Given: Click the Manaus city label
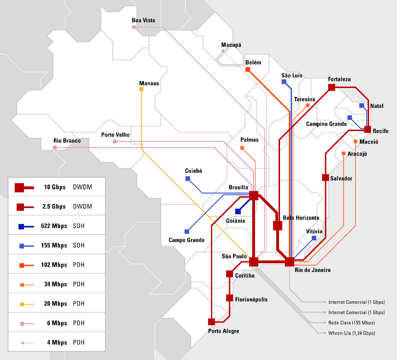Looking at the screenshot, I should tap(149, 83).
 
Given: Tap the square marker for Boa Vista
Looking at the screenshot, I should tap(134, 27).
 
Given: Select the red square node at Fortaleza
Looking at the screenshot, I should tap(331, 87).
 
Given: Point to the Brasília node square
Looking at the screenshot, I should tap(254, 196).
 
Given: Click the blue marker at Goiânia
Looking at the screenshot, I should tap(238, 211).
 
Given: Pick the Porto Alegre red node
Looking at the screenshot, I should tap(211, 322).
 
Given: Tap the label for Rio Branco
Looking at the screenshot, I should tap(67, 141).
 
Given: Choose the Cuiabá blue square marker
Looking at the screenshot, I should tap(187, 179).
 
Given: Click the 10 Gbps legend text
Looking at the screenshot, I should tap(54, 187).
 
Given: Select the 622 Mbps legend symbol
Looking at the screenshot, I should tap(21, 226).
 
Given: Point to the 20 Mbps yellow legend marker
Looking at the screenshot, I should tap(21, 304).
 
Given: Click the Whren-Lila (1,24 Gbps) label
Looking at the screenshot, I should tap(351, 333).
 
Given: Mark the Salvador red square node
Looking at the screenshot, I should tap(325, 178).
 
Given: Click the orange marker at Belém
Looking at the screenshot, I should tap(248, 70).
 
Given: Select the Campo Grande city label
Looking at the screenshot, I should tap(187, 240).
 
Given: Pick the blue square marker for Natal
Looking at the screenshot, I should tap(362, 105).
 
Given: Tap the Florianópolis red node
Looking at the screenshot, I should tap(230, 298).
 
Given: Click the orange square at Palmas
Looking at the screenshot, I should tap(242, 147).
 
